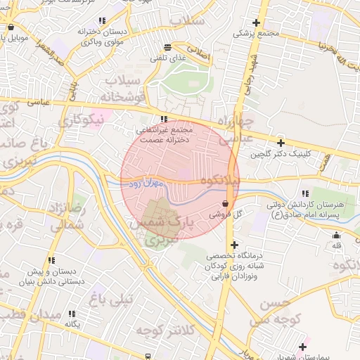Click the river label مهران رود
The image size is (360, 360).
(x=146, y=183)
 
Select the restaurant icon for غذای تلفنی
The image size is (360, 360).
(x=166, y=48)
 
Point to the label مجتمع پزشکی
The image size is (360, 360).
(x=256, y=33)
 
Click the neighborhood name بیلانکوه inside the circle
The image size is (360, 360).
(x=220, y=181)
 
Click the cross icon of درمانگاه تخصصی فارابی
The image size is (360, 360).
(x=234, y=245)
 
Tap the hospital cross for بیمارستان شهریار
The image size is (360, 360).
(x=303, y=347)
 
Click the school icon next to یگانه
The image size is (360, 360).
(x=71, y=314)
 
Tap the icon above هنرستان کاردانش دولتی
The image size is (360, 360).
(x=304, y=193)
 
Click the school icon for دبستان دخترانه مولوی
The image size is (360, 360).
(x=102, y=21)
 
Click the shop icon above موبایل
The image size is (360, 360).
(x=10, y=27)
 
